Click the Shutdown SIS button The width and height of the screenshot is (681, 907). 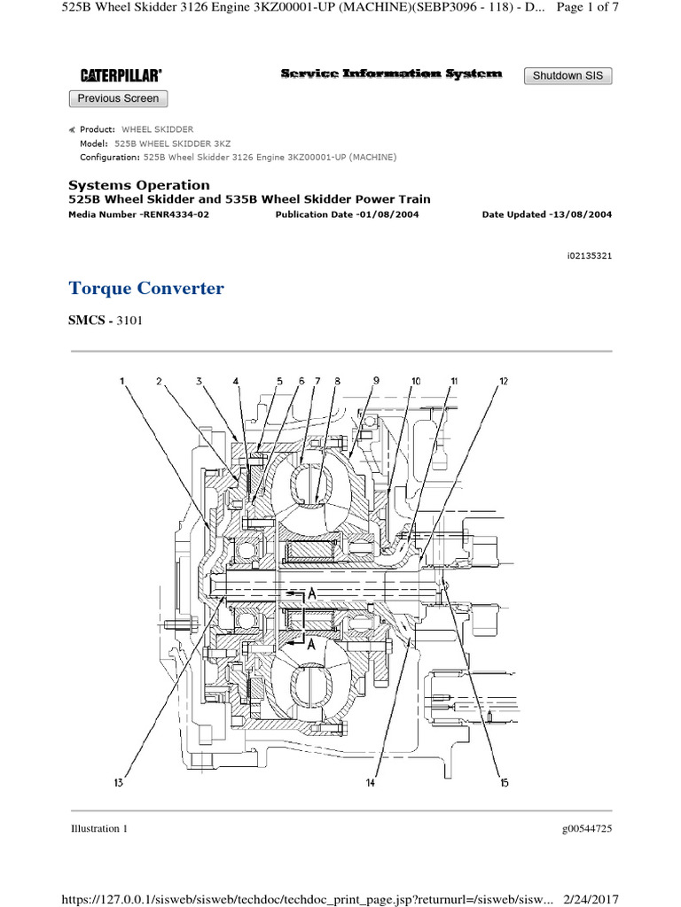(x=567, y=75)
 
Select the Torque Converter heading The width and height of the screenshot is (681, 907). (x=146, y=289)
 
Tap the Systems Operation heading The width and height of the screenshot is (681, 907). (x=139, y=185)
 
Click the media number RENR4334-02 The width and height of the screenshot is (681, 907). (x=138, y=214)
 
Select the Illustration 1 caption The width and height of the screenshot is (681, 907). (x=99, y=828)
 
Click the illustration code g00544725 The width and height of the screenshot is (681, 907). (x=587, y=828)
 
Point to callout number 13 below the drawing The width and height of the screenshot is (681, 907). (x=118, y=783)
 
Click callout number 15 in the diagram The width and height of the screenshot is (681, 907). (x=504, y=783)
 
